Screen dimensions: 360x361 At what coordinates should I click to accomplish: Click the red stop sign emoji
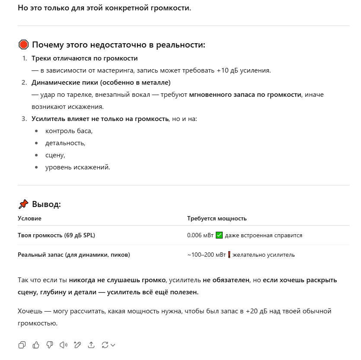coord(24,45)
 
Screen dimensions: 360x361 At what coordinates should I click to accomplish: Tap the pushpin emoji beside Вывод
coord(23,204)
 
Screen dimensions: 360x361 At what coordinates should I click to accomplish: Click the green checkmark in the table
coord(219,235)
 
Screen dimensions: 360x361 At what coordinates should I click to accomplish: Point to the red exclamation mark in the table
coord(229,255)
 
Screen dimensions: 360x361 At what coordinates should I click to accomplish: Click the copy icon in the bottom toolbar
coord(22,344)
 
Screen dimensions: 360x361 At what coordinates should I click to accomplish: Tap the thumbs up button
coord(36,344)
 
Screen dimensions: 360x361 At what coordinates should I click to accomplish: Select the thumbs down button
coord(50,344)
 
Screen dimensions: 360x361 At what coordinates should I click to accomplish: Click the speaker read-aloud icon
coord(64,344)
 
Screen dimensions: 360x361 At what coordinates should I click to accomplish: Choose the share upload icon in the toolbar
coord(91,344)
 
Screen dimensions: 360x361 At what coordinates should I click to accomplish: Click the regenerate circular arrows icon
coord(105,344)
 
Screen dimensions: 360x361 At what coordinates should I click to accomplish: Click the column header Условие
coord(29,218)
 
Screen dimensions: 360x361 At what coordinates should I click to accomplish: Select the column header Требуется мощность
coord(217,218)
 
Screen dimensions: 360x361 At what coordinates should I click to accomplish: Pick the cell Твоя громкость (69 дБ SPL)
coord(56,236)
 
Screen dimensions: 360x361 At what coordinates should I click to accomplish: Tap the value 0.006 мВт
coord(200,236)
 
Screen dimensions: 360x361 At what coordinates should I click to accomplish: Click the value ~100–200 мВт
coord(206,255)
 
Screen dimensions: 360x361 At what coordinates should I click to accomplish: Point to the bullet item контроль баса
coord(69,131)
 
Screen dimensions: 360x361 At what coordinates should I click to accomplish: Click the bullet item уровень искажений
coord(78,167)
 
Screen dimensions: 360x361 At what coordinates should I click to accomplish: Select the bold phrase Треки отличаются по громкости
coord(85,58)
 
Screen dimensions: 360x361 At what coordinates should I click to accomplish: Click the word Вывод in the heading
coord(46,204)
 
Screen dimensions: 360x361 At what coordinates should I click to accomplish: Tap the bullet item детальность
coord(65,143)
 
